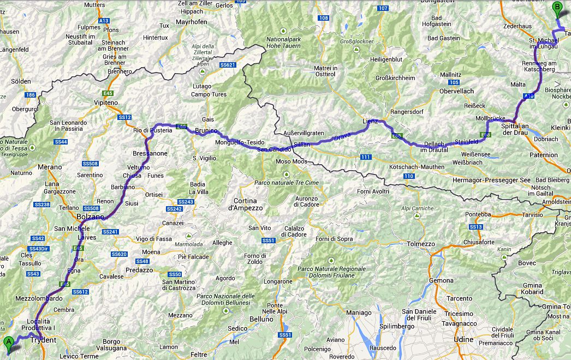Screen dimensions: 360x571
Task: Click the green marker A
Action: tap(8, 343)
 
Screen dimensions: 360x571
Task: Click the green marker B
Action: tap(557, 8)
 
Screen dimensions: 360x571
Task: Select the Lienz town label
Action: tap(370, 121)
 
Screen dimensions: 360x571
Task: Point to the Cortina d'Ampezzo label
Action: tap(246, 204)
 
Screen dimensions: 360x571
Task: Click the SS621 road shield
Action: tap(227, 65)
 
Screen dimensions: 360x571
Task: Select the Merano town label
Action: tap(50, 167)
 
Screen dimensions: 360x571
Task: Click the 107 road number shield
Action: tap(383, 8)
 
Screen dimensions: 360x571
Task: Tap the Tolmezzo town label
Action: tap(421, 243)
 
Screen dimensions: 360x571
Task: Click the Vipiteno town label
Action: tap(105, 102)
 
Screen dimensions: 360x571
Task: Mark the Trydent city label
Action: tap(43, 340)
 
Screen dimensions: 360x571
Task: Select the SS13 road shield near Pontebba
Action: tap(475, 226)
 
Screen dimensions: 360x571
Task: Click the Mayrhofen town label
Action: tap(192, 22)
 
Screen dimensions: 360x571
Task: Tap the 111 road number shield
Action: tap(366, 157)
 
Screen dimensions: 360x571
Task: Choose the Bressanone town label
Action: tap(150, 153)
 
